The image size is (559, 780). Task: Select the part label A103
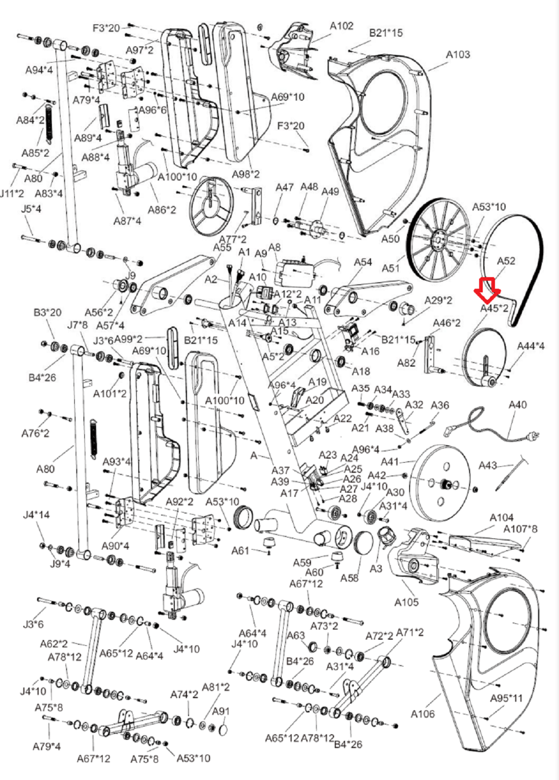click(458, 54)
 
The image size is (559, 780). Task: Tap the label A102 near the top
click(341, 26)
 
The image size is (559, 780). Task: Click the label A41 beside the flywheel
click(390, 462)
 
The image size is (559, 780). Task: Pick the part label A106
click(422, 713)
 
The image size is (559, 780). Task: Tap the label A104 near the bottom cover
click(501, 518)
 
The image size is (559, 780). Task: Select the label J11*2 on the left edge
click(12, 193)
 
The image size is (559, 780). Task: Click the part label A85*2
click(35, 153)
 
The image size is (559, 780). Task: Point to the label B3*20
click(47, 312)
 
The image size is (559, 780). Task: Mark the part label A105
click(407, 602)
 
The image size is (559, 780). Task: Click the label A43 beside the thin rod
click(487, 465)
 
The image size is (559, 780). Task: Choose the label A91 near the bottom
click(221, 711)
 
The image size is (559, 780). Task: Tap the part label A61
click(240, 551)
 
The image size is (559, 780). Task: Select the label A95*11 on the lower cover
click(506, 698)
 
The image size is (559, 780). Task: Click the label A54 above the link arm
click(363, 262)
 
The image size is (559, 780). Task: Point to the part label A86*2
click(162, 209)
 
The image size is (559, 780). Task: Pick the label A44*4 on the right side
click(531, 346)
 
